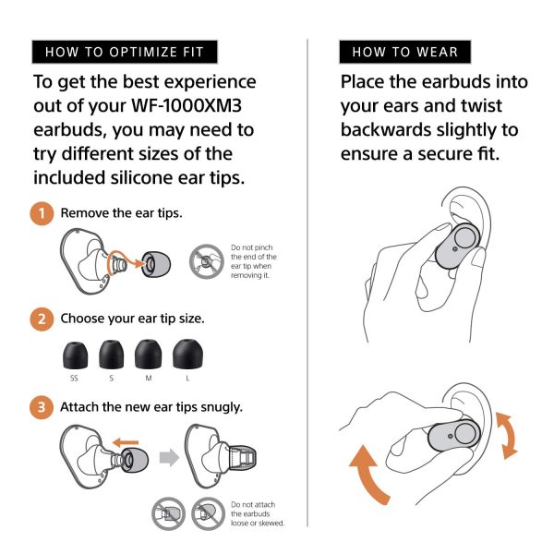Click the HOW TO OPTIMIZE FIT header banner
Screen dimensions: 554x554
click(x=124, y=52)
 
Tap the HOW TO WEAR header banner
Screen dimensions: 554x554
click(x=404, y=52)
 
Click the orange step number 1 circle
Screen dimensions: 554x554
click(x=42, y=213)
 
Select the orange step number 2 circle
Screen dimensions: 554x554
click(x=42, y=319)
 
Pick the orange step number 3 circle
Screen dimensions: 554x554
click(x=42, y=407)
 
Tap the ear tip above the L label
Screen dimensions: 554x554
click(x=189, y=354)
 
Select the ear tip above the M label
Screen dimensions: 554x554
click(x=148, y=354)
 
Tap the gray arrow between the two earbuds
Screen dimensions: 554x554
click(x=167, y=457)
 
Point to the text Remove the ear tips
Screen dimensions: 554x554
click(x=121, y=213)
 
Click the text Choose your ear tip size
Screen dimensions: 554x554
click(x=132, y=319)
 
